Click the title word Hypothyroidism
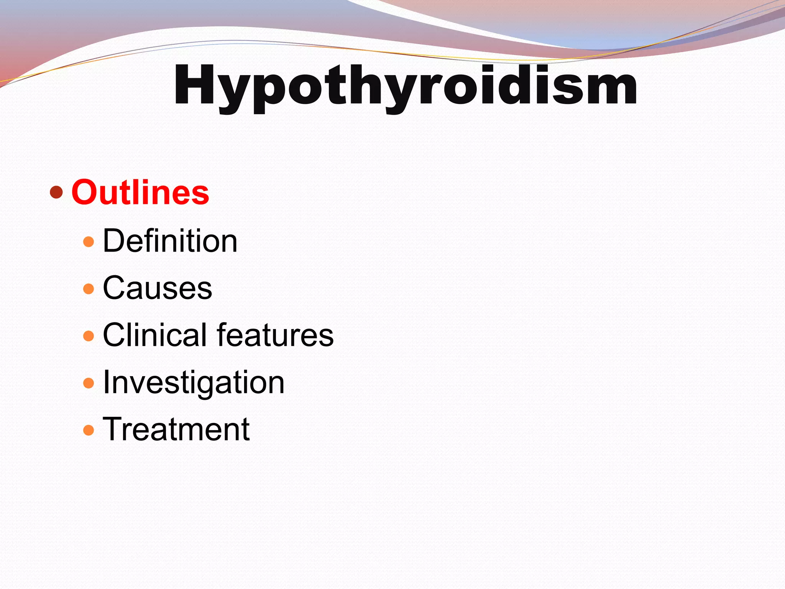tap(405, 86)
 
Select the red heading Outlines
tap(140, 192)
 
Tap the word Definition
tap(170, 241)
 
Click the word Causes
tap(158, 288)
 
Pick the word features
tap(276, 335)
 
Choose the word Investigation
tap(194, 383)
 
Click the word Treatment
tap(176, 429)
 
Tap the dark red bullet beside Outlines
tap(56, 192)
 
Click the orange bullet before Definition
tap(89, 242)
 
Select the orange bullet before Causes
tap(89, 289)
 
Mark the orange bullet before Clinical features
tap(89, 336)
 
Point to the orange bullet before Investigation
tap(89, 383)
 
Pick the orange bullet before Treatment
tap(89, 430)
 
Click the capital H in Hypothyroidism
tap(194, 85)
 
